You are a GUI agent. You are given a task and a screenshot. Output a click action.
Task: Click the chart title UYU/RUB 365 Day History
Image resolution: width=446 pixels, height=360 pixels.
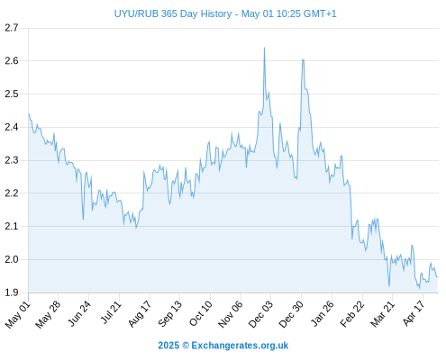click(173, 13)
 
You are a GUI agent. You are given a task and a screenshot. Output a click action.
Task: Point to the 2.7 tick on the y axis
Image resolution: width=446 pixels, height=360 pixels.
click(12, 28)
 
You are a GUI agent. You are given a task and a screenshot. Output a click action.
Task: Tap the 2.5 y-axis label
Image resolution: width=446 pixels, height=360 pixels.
click(12, 94)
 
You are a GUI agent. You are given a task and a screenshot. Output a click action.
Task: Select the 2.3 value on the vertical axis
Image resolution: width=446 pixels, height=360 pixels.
click(12, 160)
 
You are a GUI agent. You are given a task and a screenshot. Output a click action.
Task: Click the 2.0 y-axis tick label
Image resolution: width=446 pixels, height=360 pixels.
click(12, 259)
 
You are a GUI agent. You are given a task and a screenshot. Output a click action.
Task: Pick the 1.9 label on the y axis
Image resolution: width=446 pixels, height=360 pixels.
click(12, 292)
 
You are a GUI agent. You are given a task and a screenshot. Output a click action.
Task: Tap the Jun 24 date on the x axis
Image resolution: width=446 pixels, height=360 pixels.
click(79, 313)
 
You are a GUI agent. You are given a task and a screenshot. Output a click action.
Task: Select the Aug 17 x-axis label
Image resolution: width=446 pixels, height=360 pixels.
click(140, 314)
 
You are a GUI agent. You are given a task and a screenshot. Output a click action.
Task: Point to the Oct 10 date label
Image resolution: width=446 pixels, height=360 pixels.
click(201, 313)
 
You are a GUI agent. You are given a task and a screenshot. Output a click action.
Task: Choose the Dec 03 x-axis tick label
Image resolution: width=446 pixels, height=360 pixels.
click(260, 314)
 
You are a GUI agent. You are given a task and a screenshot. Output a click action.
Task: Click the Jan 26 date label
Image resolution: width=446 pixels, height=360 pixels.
click(323, 313)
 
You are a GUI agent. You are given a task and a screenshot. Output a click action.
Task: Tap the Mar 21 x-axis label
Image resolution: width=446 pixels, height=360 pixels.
click(382, 314)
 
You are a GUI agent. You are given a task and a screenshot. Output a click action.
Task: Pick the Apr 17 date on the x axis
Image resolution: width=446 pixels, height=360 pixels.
click(414, 313)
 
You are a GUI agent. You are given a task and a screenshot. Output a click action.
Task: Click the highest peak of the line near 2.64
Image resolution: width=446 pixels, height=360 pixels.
click(264, 48)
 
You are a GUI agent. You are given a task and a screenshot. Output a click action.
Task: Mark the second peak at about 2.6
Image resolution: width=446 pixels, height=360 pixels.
click(303, 60)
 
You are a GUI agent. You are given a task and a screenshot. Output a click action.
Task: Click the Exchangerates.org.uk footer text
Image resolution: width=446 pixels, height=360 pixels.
click(240, 346)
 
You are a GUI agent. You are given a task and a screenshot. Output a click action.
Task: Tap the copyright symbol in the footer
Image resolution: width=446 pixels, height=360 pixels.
click(186, 346)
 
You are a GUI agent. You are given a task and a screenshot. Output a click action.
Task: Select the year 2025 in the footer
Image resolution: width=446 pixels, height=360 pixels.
click(168, 346)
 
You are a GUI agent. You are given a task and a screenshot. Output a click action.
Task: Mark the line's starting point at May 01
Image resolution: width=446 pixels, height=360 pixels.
click(29, 114)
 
